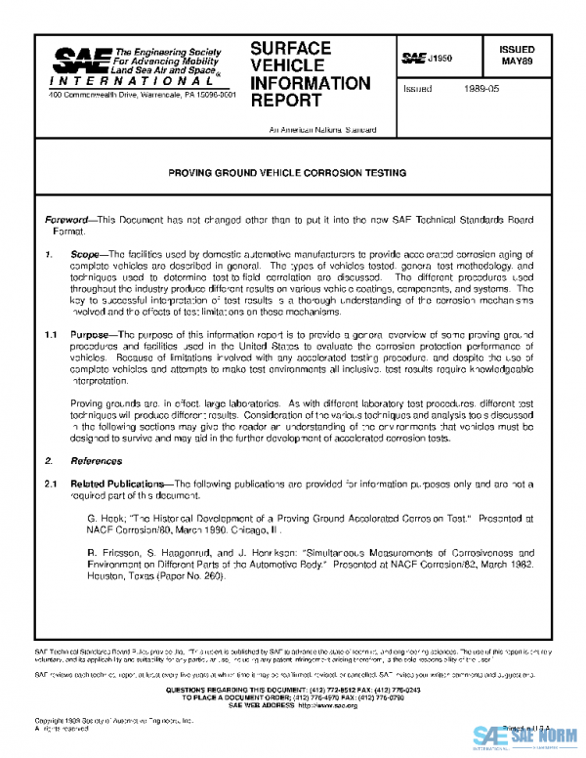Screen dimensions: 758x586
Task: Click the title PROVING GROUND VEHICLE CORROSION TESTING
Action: tap(287, 173)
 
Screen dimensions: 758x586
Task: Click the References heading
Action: tap(95, 459)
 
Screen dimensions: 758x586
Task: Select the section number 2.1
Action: tap(53, 484)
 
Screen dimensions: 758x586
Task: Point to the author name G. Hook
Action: tap(105, 516)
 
